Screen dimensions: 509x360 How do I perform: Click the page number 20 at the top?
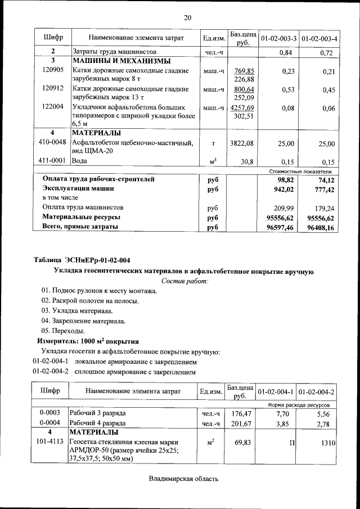click(x=187, y=17)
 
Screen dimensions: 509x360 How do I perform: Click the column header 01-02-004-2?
click(x=318, y=391)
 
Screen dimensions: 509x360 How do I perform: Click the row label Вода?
click(x=79, y=161)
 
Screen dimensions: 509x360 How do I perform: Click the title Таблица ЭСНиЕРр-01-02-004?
click(x=82, y=260)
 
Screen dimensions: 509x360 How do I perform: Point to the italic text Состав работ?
click(x=184, y=280)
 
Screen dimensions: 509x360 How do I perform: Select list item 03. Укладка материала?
click(x=77, y=310)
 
